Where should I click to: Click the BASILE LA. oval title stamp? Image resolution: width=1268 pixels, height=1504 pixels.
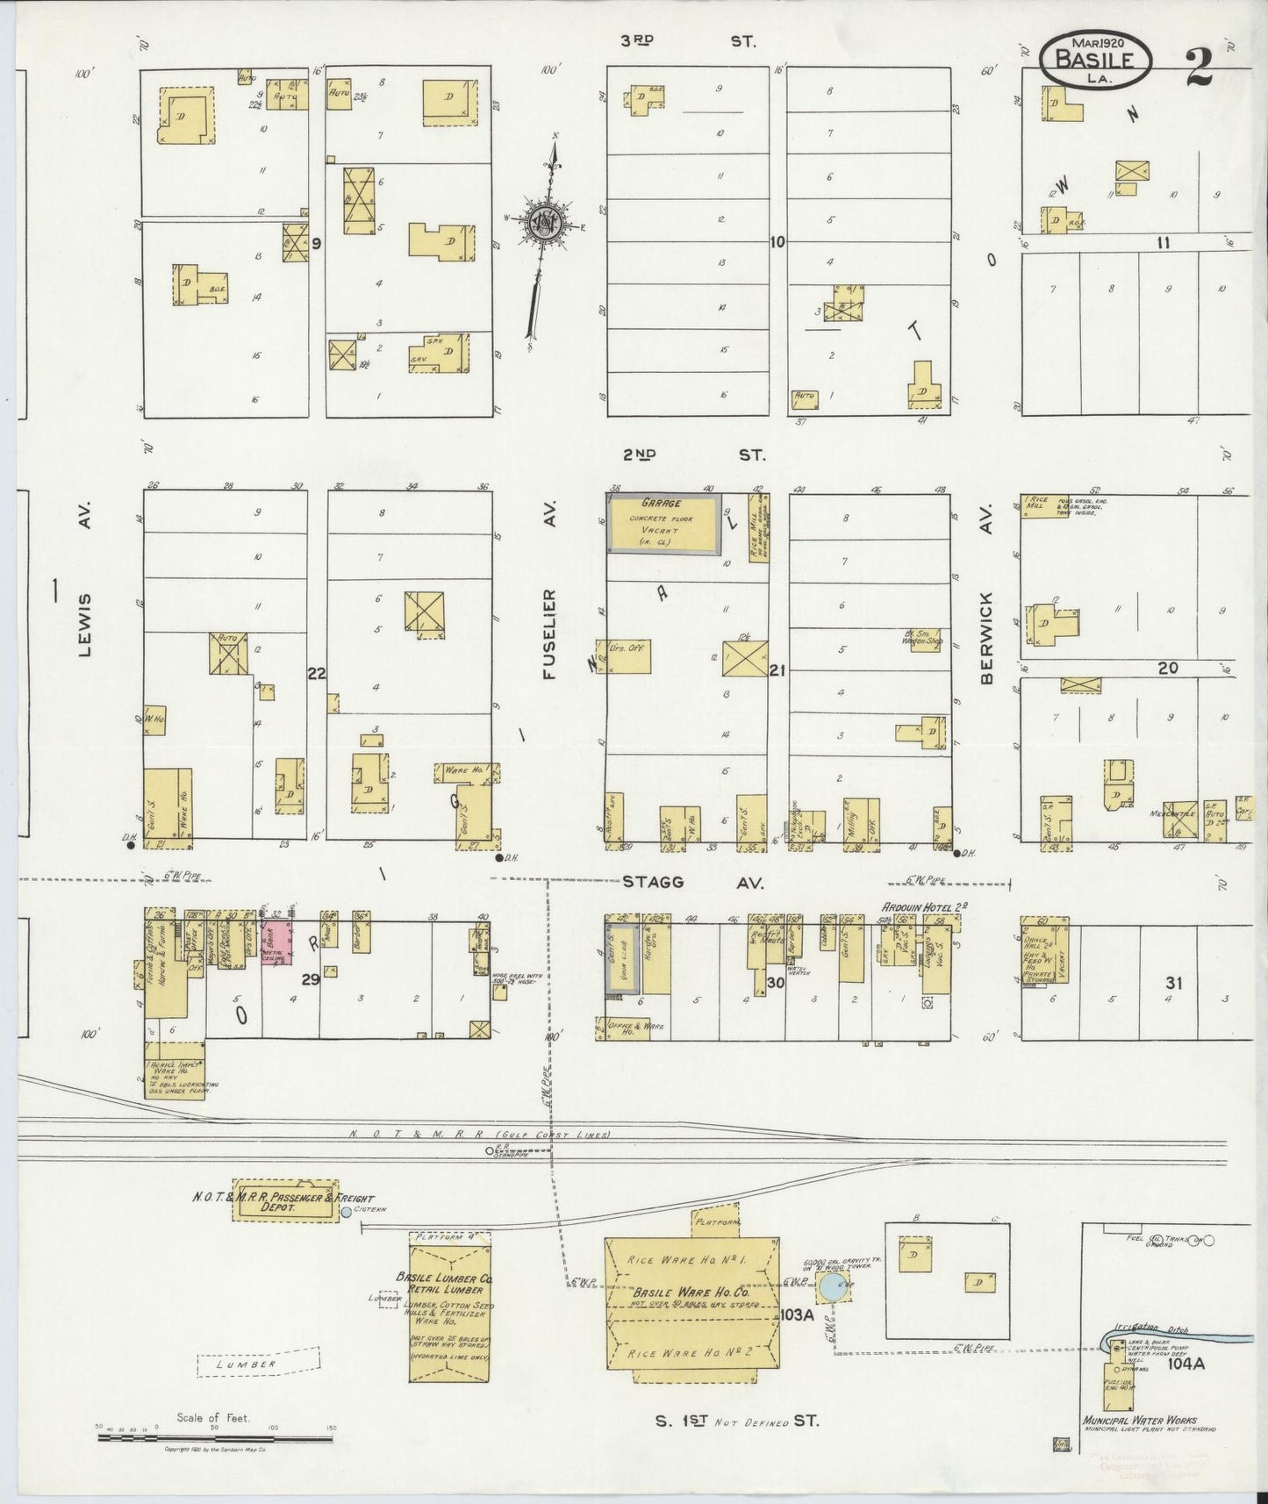coord(1098,60)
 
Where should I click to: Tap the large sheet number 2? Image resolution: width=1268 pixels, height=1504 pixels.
coord(1200,68)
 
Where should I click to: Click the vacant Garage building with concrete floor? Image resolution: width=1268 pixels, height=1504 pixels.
coord(666,524)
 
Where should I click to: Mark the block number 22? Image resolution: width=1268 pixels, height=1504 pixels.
coord(316,673)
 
